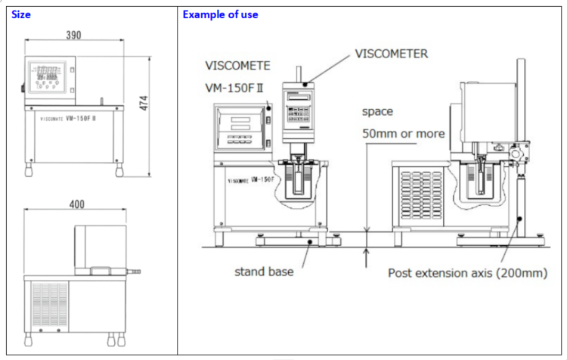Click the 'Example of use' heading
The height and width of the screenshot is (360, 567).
pyautogui.click(x=220, y=14)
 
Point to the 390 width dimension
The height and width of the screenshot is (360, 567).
pyautogui.click(x=73, y=35)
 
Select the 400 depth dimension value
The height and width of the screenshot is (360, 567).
pyautogui.click(x=76, y=204)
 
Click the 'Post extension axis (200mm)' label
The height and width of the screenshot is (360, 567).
pyautogui.click(x=466, y=272)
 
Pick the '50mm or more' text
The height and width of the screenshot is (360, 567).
pyautogui.click(x=403, y=134)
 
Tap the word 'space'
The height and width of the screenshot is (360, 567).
pyautogui.click(x=377, y=111)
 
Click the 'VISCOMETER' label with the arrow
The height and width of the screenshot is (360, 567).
pyautogui.click(x=391, y=54)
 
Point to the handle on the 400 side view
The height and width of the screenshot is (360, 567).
pyautogui.click(x=101, y=269)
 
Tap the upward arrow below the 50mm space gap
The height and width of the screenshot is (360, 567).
pyautogui.click(x=366, y=257)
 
